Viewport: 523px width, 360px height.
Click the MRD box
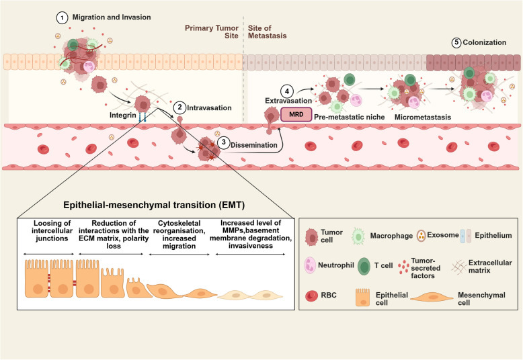click(x=296, y=114)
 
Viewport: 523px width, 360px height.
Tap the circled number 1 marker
click(x=62, y=18)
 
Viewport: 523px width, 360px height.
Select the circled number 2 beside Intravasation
click(x=179, y=107)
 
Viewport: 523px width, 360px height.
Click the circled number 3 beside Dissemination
click(x=223, y=142)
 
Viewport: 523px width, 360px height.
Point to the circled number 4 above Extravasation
click(x=287, y=91)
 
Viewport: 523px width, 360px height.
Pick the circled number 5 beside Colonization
click(x=456, y=42)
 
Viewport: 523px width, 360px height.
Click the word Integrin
click(x=123, y=116)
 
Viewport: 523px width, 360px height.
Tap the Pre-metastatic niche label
click(x=349, y=117)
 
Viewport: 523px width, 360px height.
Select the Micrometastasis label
click(x=423, y=117)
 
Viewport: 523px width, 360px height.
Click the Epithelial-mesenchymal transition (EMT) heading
click(x=154, y=205)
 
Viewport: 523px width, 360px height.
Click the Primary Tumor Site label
click(x=212, y=32)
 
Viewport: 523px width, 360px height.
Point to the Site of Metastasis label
click(x=267, y=32)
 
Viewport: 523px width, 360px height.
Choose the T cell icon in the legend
click(x=364, y=266)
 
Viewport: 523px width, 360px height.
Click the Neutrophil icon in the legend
click(x=310, y=265)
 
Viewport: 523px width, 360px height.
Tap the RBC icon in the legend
click(x=311, y=296)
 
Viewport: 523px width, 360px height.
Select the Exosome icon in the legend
click(x=421, y=236)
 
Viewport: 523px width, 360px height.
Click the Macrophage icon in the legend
click(x=358, y=236)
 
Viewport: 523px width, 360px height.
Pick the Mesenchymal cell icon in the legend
click(x=433, y=297)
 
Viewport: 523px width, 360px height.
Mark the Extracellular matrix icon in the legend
click(x=459, y=267)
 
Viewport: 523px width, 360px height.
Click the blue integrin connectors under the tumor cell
click(x=143, y=116)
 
